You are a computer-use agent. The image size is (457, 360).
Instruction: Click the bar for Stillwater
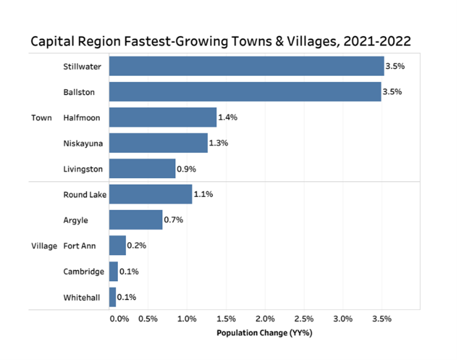(247, 66)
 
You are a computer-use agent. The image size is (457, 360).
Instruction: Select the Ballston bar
(245, 91)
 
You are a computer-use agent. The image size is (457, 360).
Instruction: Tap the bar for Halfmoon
(163, 117)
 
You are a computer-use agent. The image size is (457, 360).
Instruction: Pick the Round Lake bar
(151, 194)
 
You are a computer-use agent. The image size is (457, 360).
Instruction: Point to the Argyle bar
(136, 220)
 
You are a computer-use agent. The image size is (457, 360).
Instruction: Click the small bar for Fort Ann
(117, 245)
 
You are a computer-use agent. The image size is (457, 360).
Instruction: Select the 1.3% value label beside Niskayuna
(219, 143)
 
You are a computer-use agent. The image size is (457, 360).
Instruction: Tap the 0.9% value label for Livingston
(187, 169)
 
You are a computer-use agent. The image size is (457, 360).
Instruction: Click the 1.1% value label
(203, 194)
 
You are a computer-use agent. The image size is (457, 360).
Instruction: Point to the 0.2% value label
(137, 245)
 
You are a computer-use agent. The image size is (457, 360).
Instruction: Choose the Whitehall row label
(81, 297)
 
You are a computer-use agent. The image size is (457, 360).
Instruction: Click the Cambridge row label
(83, 271)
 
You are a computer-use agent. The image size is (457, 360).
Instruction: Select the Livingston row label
(83, 169)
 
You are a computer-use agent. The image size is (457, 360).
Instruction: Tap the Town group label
(42, 117)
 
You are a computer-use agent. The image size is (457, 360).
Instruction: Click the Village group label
(44, 246)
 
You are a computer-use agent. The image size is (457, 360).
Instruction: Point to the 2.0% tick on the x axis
(265, 319)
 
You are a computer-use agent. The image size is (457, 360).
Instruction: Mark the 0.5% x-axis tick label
(148, 319)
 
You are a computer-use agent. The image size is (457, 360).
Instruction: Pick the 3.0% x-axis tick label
(343, 319)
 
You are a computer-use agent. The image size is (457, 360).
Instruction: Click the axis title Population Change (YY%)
(264, 333)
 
